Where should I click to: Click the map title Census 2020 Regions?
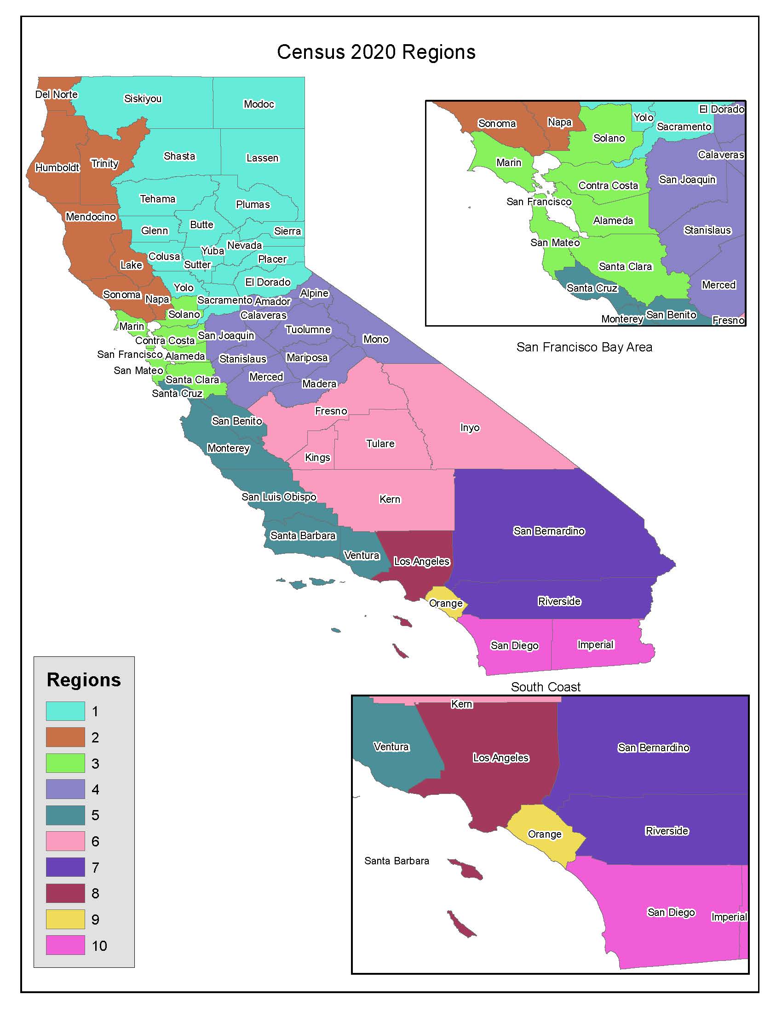[376, 52]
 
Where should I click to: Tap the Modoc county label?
[259, 104]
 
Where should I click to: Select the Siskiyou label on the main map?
[143, 99]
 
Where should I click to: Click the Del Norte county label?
[57, 94]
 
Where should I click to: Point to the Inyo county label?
[470, 428]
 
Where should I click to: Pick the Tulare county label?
[380, 443]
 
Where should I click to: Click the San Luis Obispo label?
[279, 497]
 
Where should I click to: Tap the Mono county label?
[376, 339]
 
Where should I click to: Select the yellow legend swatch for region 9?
[65, 920]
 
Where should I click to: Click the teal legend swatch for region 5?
[65, 815]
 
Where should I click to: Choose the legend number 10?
[99, 946]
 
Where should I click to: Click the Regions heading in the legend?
[84, 680]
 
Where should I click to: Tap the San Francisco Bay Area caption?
[584, 347]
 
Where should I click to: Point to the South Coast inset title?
[545, 687]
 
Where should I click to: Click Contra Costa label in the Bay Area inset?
[608, 186]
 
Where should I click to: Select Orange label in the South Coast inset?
[544, 834]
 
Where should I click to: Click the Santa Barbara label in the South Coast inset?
[397, 861]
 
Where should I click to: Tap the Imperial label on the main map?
[595, 644]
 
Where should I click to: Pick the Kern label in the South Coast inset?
[461, 704]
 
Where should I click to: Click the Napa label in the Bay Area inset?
[559, 122]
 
